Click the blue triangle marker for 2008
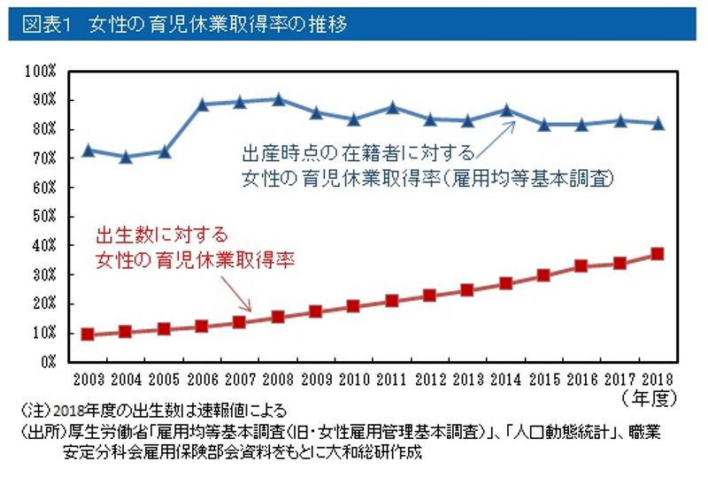(x=278, y=99)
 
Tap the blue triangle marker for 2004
(x=126, y=157)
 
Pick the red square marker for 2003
(x=88, y=334)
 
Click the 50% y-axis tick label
(x=44, y=216)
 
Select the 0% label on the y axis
(x=50, y=361)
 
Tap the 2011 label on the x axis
(x=392, y=379)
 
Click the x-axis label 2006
(x=202, y=379)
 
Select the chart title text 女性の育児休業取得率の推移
(x=218, y=24)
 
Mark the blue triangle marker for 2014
(x=506, y=111)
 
